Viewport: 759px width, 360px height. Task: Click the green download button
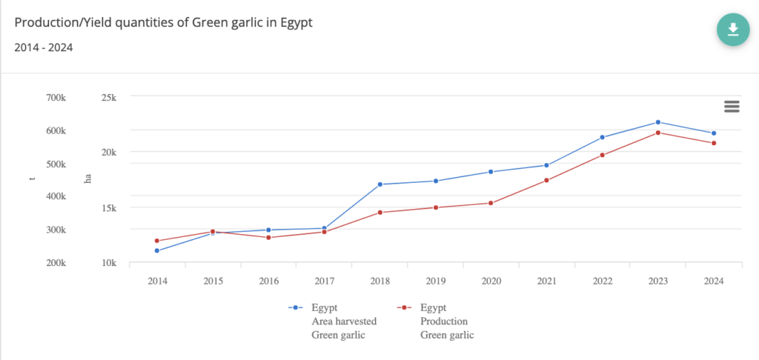point(732,29)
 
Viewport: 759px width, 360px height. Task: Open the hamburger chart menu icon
point(732,107)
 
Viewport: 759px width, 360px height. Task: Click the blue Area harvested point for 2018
point(380,184)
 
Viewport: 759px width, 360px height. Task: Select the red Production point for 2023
point(658,133)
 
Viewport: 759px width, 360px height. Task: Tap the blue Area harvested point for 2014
point(157,250)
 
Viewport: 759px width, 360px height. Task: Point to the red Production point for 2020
point(491,203)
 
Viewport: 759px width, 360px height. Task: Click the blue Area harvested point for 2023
point(658,122)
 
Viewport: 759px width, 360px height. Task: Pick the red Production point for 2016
point(268,237)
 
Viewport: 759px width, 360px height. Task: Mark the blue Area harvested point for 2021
point(547,165)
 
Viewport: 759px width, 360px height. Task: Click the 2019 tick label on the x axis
point(436,281)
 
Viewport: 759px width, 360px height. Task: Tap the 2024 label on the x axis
point(714,281)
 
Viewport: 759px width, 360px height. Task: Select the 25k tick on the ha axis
point(108,98)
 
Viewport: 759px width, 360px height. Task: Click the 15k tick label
point(108,207)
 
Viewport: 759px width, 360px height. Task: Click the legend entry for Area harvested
point(344,321)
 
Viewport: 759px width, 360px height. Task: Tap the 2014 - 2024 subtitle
point(43,48)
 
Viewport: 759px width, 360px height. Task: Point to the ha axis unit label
point(87,179)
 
